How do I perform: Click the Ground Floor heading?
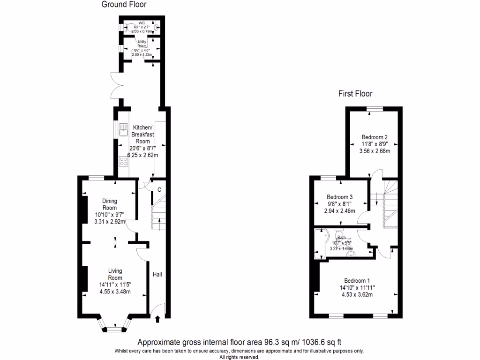[x=124, y=5]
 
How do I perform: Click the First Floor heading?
[x=357, y=94]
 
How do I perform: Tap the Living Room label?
[x=115, y=274]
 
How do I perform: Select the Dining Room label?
[x=109, y=204]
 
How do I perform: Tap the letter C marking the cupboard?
[x=159, y=190]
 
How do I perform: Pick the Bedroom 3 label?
[x=340, y=197]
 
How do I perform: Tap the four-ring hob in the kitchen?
[x=124, y=162]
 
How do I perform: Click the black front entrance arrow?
[x=157, y=319]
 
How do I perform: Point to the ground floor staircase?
[x=159, y=213]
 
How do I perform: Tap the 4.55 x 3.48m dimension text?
[x=115, y=292]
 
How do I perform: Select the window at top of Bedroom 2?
[x=375, y=109]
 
